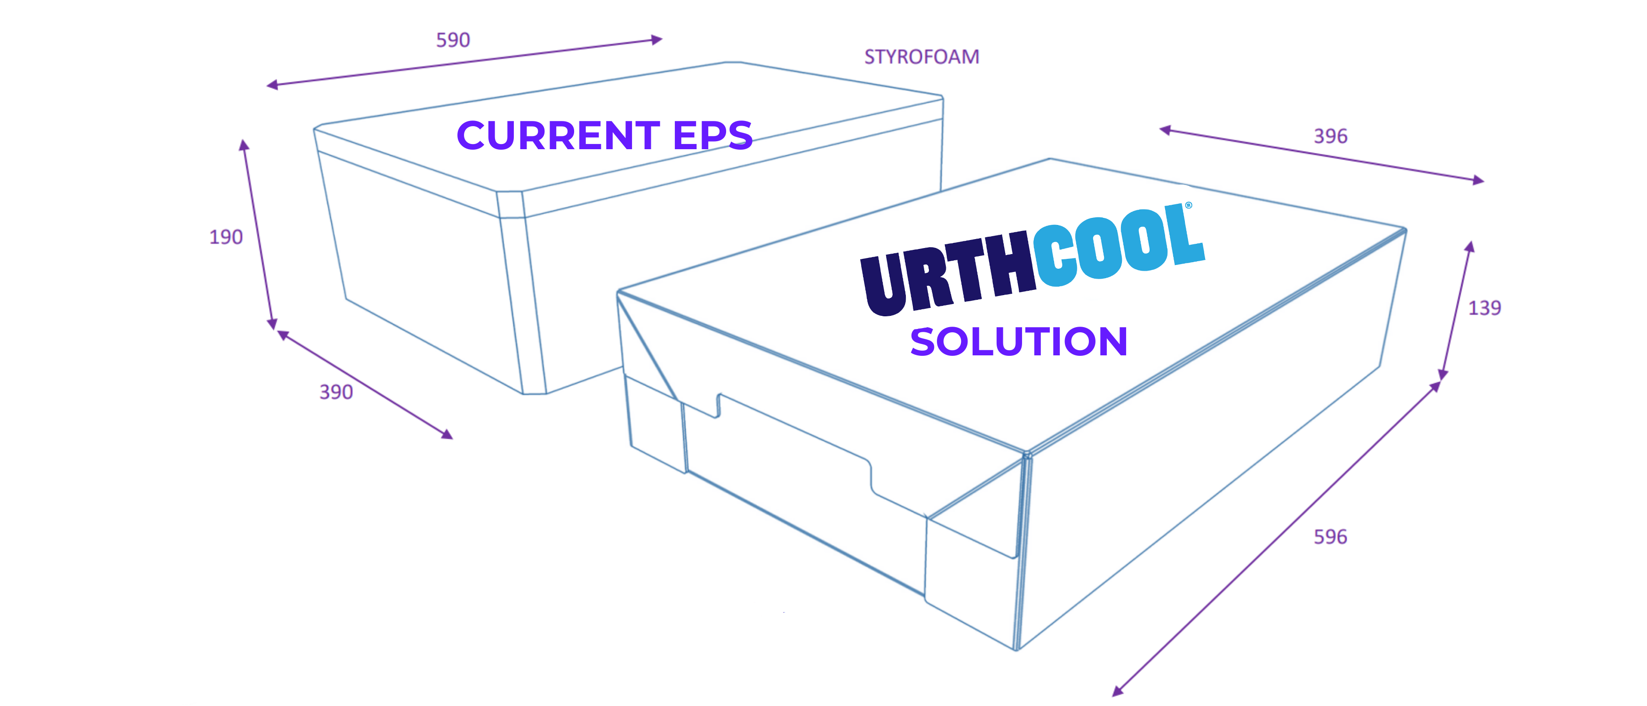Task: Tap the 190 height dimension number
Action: tap(226, 237)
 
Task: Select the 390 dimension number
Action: tap(336, 392)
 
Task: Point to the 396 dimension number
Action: tap(1330, 136)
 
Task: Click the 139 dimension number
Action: tap(1485, 308)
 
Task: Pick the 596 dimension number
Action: tap(1330, 537)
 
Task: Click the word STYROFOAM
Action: tap(921, 57)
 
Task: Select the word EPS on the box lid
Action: tap(713, 136)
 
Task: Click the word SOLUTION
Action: tap(1018, 342)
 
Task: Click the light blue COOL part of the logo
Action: tap(1119, 243)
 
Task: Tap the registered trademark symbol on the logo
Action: tap(1189, 205)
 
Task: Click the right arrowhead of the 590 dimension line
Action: tap(656, 40)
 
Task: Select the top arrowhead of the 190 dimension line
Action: tap(244, 144)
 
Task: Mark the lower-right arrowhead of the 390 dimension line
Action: tap(447, 434)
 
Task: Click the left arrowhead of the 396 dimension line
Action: tap(1165, 130)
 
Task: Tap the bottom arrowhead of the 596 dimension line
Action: tap(1117, 690)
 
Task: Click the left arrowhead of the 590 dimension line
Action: tap(272, 84)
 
